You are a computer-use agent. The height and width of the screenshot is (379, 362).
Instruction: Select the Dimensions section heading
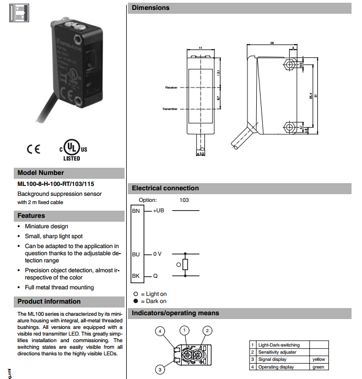coord(151,8)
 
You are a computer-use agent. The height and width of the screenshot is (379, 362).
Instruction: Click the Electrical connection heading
coord(165,188)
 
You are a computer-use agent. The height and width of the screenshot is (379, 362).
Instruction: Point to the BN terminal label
coord(136,211)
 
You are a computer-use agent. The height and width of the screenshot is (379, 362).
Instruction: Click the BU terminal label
coord(136,254)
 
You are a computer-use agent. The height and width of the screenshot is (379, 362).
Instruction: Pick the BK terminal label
coord(136,276)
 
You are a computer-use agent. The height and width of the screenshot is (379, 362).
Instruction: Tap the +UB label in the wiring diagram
coord(158,211)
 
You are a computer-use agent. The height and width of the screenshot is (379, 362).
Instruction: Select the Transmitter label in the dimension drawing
coord(170,109)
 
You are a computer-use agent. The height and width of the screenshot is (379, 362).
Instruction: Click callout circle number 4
coord(160,331)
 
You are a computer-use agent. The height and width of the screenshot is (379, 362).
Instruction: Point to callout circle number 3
coord(160,370)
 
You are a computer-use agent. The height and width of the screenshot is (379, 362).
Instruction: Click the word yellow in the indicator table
coord(318,359)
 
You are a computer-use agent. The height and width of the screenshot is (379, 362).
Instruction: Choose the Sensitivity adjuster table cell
coord(277,352)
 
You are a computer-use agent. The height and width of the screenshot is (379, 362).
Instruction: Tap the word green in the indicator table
coord(318,367)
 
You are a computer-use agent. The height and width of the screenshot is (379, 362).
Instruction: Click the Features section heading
coord(31,216)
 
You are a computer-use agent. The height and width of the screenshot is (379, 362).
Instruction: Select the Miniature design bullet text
coord(47,226)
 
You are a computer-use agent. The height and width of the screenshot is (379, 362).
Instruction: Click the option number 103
coord(184,200)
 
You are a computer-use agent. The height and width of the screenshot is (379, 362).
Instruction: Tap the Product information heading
coord(49,301)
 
